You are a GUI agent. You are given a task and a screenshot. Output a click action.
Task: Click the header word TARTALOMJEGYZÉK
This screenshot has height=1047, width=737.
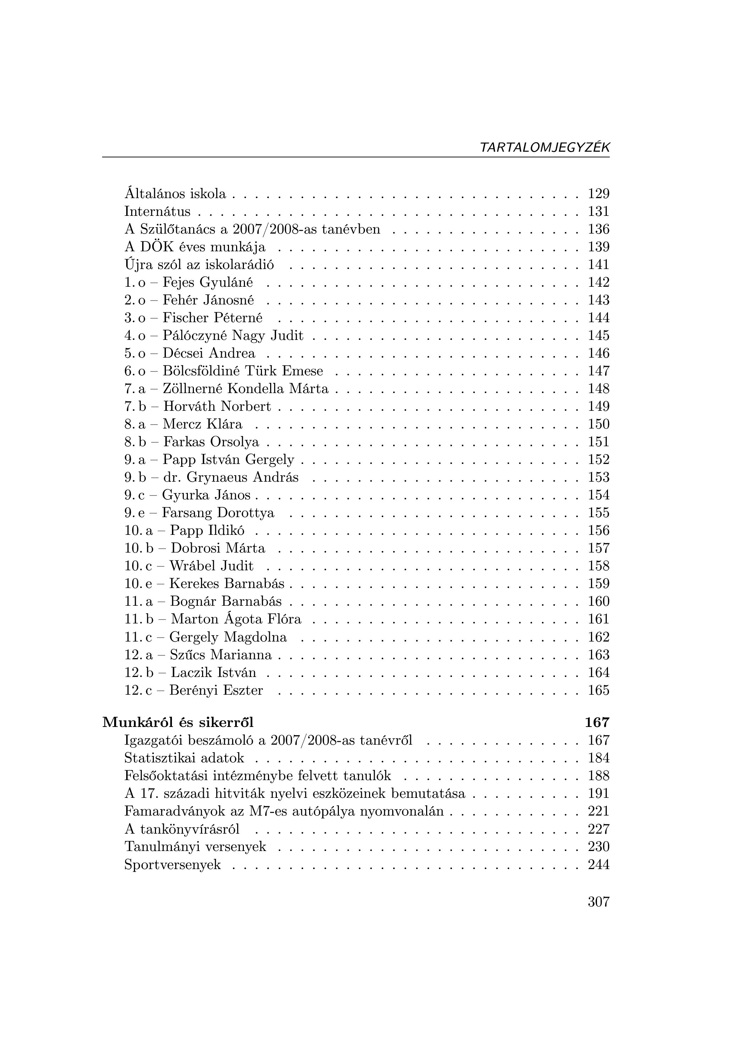tap(545, 147)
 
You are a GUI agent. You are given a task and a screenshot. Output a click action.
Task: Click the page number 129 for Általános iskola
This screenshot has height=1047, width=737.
tap(598, 194)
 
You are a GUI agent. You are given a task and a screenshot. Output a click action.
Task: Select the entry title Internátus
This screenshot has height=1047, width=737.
tap(157, 212)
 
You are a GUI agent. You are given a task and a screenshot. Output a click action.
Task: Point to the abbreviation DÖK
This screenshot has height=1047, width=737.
tap(155, 247)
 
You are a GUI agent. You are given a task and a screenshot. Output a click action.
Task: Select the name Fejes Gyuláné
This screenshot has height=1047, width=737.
tap(207, 283)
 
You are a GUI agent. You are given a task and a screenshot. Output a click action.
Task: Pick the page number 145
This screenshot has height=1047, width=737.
tap(598, 336)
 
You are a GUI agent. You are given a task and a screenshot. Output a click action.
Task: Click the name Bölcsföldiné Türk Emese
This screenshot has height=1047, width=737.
tap(242, 371)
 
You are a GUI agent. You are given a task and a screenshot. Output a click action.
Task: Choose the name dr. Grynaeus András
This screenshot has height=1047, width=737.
tap(231, 477)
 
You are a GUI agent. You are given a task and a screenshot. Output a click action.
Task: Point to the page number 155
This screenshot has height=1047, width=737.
tap(598, 513)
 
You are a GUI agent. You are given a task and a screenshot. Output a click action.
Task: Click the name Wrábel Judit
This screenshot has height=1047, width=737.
tap(212, 566)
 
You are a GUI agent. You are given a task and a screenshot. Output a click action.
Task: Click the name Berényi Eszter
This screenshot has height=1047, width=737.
tap(216, 690)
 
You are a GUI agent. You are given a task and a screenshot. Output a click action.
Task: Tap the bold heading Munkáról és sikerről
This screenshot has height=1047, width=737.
tap(178, 722)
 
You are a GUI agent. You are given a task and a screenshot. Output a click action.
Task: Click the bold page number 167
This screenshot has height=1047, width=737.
tap(597, 722)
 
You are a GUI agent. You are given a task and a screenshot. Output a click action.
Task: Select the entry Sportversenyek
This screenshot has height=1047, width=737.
tap(172, 864)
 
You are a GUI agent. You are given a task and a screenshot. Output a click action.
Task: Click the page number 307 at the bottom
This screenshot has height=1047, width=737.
tap(598, 902)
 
